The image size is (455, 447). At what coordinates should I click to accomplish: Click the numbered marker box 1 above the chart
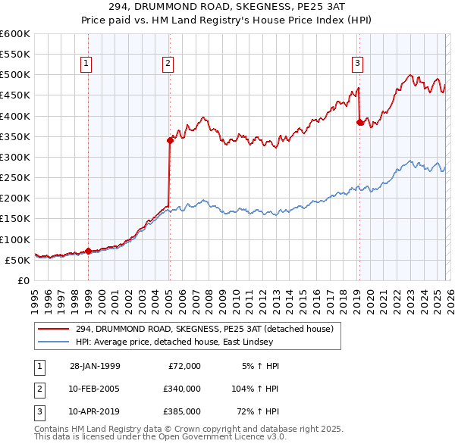[87, 64]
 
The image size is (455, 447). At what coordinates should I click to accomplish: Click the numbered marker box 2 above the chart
[167, 64]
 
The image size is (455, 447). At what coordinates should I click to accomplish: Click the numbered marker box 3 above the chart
[357, 64]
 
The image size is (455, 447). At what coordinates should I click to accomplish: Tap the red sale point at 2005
[170, 140]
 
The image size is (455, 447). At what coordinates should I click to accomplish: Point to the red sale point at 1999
[89, 251]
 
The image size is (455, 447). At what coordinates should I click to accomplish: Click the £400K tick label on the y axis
[14, 116]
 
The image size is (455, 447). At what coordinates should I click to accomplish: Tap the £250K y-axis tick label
[14, 177]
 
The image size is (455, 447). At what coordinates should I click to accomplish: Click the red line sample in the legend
[54, 329]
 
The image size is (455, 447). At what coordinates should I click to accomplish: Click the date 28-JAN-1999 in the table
[94, 366]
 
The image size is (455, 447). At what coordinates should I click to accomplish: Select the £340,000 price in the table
[182, 389]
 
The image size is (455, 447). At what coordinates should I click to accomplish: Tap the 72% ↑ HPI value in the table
[259, 411]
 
